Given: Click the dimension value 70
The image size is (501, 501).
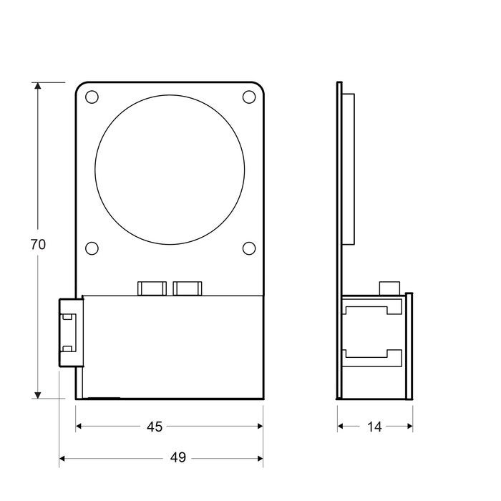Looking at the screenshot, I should click(38, 244).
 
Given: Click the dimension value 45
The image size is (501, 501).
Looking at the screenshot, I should click(155, 427).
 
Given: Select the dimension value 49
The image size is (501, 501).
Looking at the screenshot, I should click(178, 457).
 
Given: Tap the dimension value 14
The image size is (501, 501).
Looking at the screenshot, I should click(374, 427).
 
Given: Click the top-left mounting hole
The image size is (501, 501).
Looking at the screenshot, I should click(92, 97).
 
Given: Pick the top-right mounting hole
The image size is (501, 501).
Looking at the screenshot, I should click(249, 97).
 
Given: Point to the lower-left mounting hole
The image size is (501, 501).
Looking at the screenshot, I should click(92, 248).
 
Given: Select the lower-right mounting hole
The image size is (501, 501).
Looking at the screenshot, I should click(249, 248).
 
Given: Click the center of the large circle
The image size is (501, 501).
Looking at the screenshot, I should click(170, 169).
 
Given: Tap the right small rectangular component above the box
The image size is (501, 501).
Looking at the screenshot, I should click(188, 288).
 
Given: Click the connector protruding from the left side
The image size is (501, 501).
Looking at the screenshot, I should click(69, 333).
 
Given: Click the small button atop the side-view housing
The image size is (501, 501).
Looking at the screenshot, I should click(389, 287).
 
